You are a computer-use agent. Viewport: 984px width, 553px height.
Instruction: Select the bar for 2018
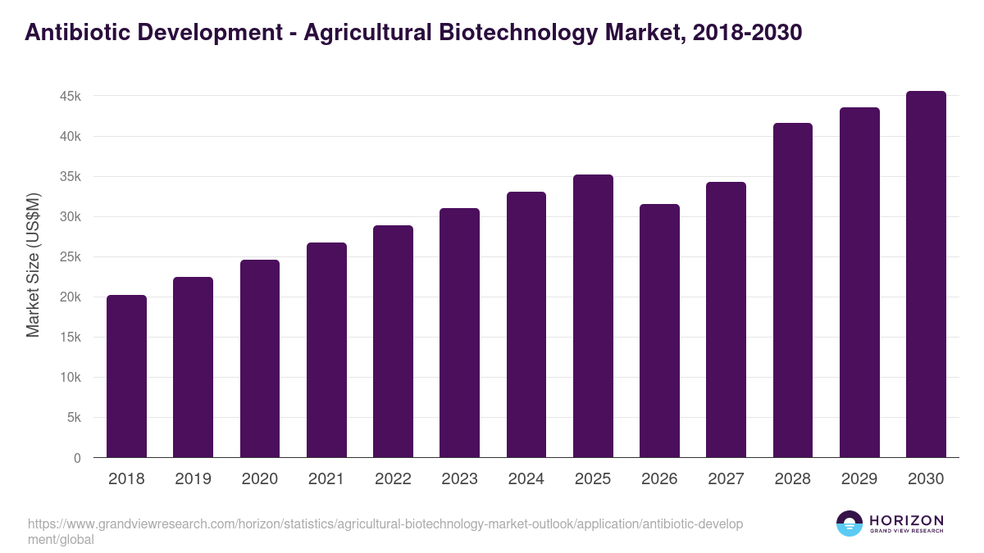tap(126, 376)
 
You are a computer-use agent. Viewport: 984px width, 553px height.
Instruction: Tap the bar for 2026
tap(659, 331)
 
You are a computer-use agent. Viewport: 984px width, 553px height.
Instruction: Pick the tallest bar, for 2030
tap(926, 274)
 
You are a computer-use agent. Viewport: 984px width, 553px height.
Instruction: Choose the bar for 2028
tap(793, 290)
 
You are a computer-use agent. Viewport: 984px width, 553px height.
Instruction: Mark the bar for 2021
tap(326, 350)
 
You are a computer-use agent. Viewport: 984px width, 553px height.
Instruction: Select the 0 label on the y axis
tap(77, 458)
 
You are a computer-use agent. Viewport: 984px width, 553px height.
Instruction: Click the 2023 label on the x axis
tap(459, 479)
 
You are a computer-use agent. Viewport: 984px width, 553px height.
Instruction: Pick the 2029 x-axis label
tap(859, 479)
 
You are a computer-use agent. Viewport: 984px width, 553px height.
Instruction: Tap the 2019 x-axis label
tap(193, 479)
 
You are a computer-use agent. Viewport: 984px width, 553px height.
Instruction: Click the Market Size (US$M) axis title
tap(33, 265)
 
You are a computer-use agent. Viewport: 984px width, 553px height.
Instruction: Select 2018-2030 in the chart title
tap(747, 33)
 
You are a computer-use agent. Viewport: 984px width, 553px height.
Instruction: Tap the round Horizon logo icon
tap(850, 524)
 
